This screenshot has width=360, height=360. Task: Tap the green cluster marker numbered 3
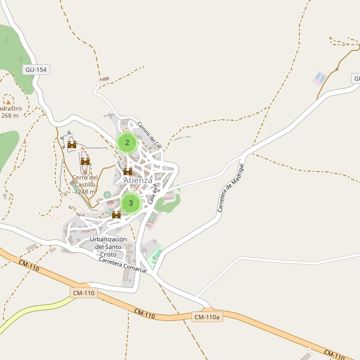(x=131, y=203)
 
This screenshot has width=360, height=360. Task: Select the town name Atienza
(x=137, y=180)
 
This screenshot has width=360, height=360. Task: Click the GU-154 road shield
(x=36, y=70)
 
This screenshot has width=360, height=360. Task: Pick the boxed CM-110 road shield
(x=83, y=293)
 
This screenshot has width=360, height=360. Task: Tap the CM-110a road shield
(x=208, y=317)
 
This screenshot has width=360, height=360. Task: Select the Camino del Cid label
(x=149, y=135)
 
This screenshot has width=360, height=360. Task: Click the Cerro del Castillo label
(x=85, y=181)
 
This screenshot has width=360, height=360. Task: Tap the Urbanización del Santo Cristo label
(x=109, y=247)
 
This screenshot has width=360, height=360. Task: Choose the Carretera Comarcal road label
(x=122, y=265)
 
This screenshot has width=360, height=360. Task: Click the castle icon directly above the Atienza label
(x=128, y=172)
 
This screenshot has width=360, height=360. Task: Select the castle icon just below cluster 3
(x=116, y=215)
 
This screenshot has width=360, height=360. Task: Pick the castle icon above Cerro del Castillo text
(x=85, y=161)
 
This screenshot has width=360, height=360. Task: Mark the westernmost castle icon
(x=72, y=144)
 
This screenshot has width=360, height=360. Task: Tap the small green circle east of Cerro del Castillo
(x=107, y=194)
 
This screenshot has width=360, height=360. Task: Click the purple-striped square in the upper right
(x=320, y=78)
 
